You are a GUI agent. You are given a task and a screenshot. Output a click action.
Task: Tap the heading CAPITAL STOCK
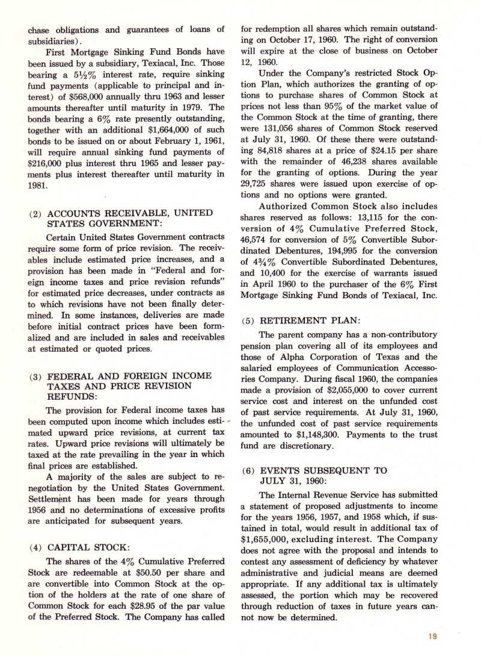87,547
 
